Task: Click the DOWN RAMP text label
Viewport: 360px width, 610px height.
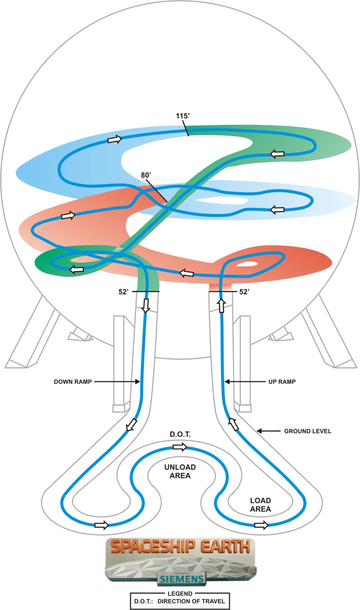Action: tap(73, 382)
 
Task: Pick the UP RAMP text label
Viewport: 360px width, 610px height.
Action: tap(282, 382)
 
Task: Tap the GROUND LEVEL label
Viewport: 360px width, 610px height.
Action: tap(308, 431)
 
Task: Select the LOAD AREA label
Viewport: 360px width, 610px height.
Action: tap(260, 505)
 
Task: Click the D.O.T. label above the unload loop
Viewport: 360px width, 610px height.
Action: tap(179, 434)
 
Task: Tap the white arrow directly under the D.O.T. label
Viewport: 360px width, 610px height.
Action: tap(180, 447)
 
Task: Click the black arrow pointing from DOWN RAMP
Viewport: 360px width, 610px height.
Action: tap(117, 382)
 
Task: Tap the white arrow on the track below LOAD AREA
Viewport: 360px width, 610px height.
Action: tap(261, 525)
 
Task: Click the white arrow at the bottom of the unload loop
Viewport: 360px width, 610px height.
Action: tap(102, 525)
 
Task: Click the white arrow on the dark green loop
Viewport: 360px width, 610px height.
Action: tap(76, 269)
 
